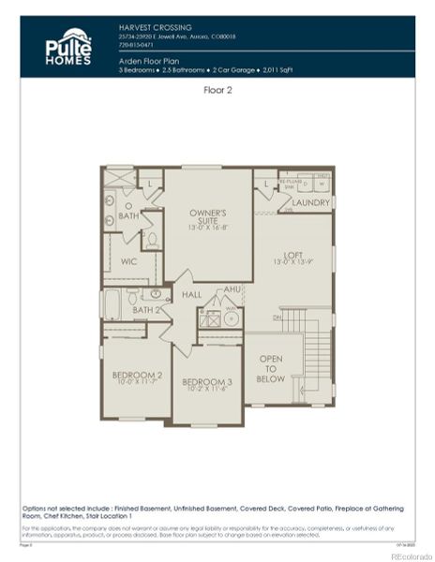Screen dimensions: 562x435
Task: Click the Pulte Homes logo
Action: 68,47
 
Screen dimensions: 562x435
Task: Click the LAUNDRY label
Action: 310,202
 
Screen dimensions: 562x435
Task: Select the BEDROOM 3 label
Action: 206,382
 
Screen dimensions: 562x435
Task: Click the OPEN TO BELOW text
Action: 272,369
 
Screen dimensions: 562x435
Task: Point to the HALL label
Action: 191,295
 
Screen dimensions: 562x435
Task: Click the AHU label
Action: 232,291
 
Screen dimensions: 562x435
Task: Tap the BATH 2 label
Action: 145,309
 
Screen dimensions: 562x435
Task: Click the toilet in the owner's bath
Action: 151,240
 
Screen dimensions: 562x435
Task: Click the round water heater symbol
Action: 231,318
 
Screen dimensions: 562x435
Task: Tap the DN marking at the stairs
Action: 277,318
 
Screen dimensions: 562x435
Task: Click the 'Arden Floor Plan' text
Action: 149,59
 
